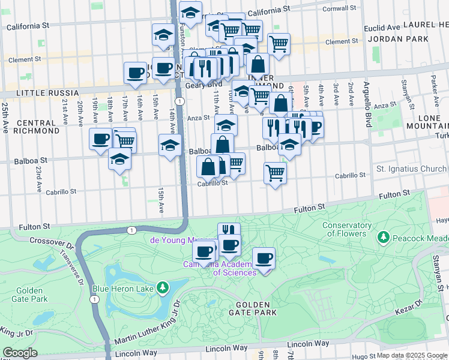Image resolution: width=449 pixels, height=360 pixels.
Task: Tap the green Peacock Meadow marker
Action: pos(383,238)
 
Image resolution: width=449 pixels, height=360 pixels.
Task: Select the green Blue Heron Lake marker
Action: pos(161,289)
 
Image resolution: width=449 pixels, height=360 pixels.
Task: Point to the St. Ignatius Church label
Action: pos(411,169)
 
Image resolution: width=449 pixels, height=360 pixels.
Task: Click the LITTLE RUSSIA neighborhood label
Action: pos(40,93)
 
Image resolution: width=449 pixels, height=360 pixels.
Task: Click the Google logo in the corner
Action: pos(20,353)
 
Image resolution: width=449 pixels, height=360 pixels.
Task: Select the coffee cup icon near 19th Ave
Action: pos(100,139)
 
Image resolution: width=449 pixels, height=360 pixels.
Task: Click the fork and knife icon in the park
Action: pos(229,231)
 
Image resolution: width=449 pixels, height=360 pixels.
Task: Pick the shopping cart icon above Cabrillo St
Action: pos(274,173)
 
